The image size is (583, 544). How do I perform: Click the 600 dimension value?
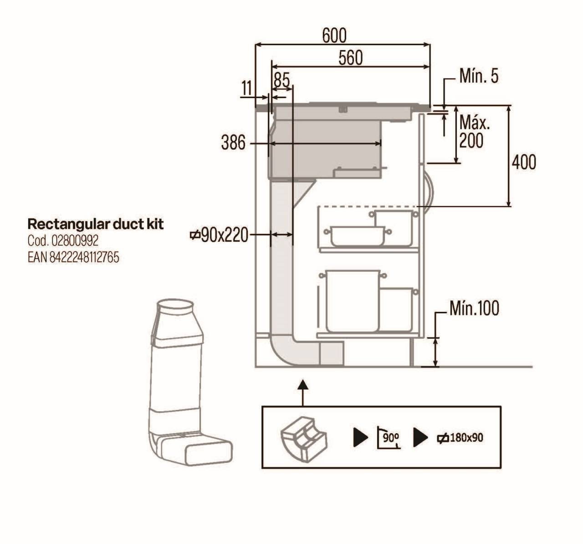coord(334,36)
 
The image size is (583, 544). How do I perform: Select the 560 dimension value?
coord(351,58)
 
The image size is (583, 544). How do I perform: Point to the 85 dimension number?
coord(281,80)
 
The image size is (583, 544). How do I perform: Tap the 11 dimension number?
coord(247,88)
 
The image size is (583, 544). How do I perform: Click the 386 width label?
coord(233,143)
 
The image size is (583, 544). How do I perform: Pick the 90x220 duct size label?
coord(219,235)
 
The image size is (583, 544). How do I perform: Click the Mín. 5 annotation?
coord(479,76)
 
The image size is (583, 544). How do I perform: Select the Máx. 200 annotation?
coord(475,132)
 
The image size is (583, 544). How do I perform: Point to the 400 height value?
coord(524,162)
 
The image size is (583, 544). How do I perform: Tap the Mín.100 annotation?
coord(475,308)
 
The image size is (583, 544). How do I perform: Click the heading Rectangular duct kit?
coord(95,224)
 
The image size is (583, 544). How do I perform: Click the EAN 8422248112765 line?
coord(73,258)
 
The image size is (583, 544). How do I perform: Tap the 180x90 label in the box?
coord(460,438)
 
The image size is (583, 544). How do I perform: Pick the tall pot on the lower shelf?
coord(353,301)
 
